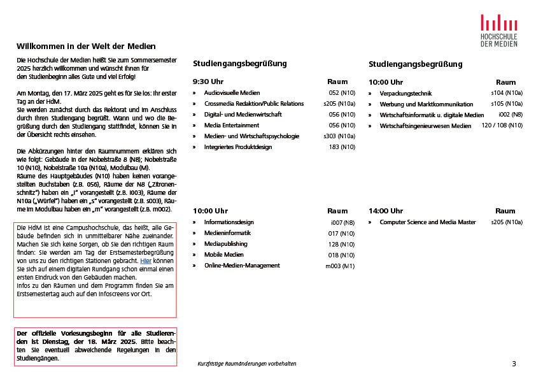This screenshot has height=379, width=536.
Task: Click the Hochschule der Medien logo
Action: pyautogui.click(x=498, y=29)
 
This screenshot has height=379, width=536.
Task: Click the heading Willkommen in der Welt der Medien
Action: pyautogui.click(x=86, y=46)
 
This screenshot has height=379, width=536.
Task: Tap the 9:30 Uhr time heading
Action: pyautogui.click(x=208, y=82)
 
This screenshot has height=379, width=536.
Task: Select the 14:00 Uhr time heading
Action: pyautogui.click(x=386, y=211)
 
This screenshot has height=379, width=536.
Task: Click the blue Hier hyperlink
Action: pyautogui.click(x=146, y=261)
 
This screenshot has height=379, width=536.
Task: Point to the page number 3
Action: pyautogui.click(x=514, y=364)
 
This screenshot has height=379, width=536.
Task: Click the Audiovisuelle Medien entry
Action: pyautogui.click(x=232, y=93)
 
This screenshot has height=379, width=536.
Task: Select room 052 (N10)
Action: pyautogui.click(x=342, y=93)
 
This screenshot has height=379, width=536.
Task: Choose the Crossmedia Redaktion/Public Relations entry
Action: pyautogui.click(x=253, y=104)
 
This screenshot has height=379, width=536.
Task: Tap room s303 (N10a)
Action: pyautogui.click(x=339, y=136)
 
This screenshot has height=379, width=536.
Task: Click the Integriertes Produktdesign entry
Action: pyautogui.click(x=237, y=147)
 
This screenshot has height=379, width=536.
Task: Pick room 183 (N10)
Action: pyautogui.click(x=342, y=147)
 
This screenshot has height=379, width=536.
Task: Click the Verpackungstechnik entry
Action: pyautogui.click(x=406, y=94)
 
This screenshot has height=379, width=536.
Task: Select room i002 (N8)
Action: pyautogui.click(x=511, y=115)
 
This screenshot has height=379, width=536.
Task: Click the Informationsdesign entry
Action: pyautogui.click(x=229, y=222)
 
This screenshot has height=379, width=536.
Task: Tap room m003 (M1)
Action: pyautogui.click(x=340, y=266)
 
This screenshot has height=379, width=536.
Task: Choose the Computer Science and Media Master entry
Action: pyautogui.click(x=427, y=222)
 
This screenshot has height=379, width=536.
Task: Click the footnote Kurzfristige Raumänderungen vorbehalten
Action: pyautogui.click(x=247, y=364)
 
